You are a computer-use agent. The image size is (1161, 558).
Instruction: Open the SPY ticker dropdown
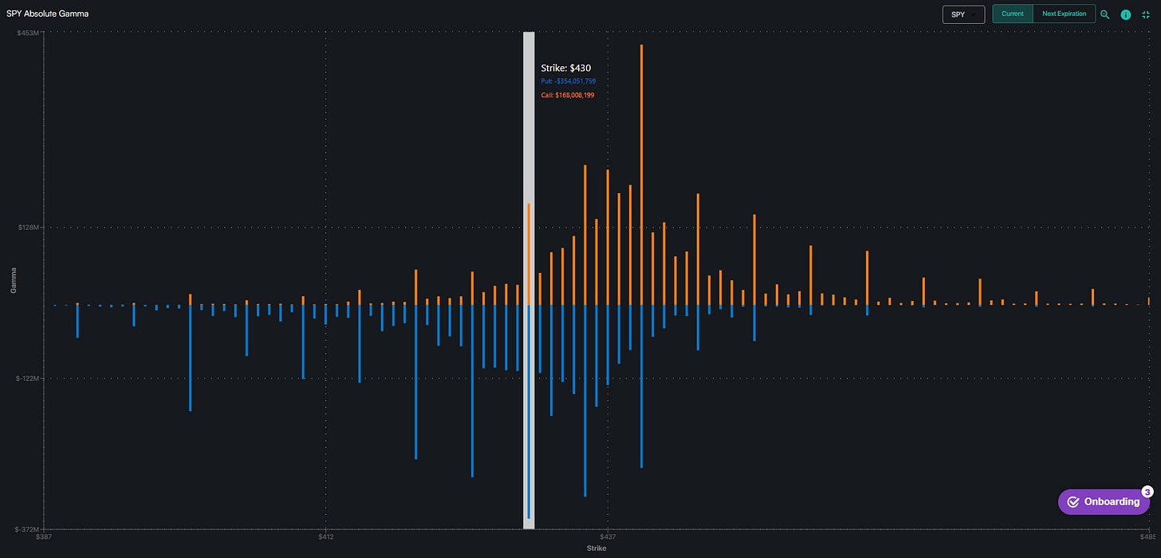click(963, 14)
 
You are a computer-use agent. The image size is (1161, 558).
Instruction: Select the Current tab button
click(1012, 14)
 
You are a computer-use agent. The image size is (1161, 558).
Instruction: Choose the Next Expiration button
click(1064, 14)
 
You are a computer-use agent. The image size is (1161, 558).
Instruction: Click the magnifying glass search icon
click(1104, 14)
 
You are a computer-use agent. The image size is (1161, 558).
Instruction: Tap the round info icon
click(1126, 14)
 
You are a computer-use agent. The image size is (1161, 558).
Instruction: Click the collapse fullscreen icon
click(1146, 14)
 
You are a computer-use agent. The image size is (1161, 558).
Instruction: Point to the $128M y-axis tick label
click(30, 228)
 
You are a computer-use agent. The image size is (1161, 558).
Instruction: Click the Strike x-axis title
click(596, 549)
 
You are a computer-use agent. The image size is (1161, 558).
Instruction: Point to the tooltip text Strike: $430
click(565, 68)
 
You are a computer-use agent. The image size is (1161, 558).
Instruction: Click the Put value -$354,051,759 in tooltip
click(568, 81)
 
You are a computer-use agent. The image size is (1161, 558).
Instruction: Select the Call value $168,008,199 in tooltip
click(567, 95)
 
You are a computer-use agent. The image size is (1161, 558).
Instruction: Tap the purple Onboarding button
click(1104, 501)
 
